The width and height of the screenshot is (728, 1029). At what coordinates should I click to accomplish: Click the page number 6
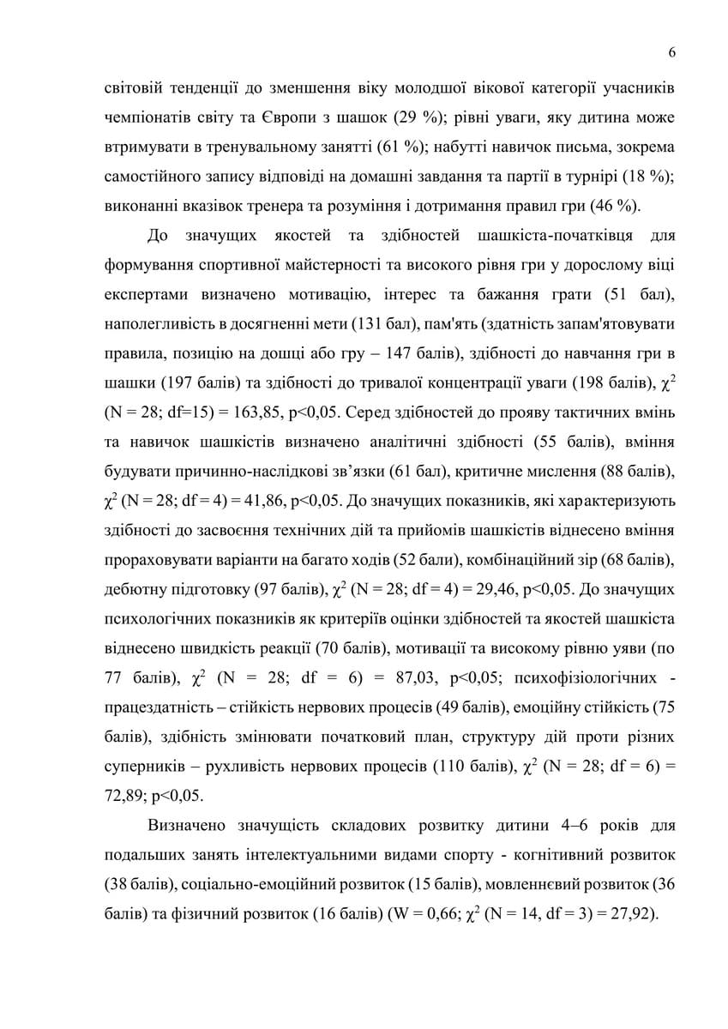672,53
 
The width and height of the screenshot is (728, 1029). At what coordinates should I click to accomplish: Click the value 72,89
125,795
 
